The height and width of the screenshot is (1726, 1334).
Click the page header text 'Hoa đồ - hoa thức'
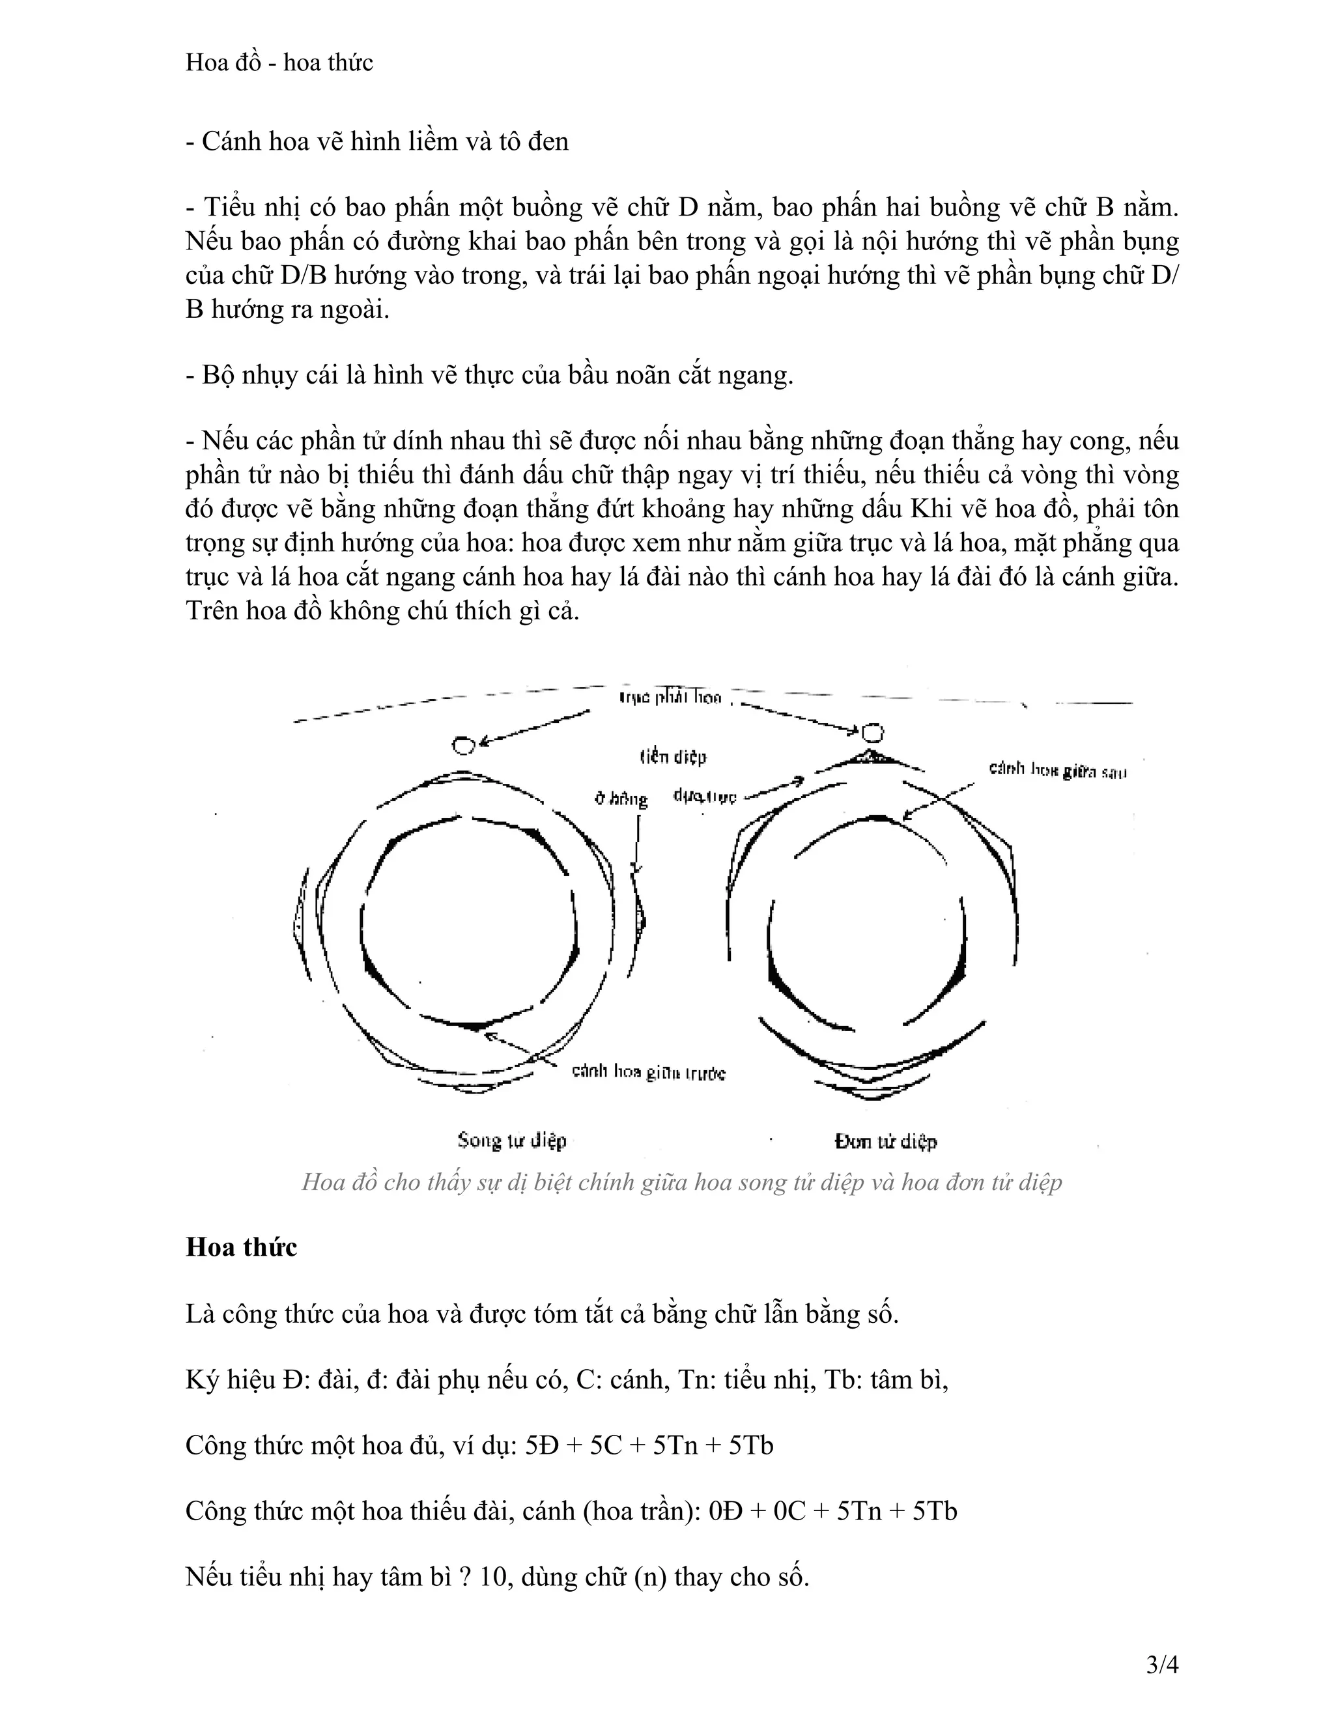279,63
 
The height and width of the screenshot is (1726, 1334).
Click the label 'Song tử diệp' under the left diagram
512,1140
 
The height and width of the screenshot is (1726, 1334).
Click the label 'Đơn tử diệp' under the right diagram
885,1141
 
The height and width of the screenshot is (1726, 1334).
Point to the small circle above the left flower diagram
464,744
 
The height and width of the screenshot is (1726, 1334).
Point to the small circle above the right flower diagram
872,733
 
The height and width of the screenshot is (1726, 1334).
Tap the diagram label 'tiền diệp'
672,757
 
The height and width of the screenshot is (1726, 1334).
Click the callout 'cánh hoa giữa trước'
648,1073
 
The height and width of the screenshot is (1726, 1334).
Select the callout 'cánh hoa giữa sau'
1057,770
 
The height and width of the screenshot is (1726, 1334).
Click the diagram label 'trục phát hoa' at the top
670,697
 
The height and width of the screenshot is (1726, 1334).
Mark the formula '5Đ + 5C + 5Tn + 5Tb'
649,1445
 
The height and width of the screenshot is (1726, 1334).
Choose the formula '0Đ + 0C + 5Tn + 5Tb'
833,1511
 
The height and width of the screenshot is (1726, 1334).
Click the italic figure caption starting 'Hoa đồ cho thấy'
681,1181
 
